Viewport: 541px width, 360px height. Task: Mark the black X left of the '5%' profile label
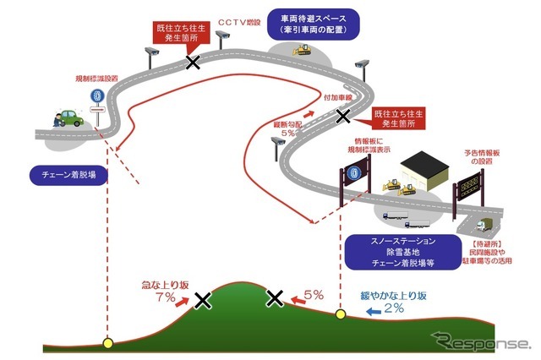[274, 297]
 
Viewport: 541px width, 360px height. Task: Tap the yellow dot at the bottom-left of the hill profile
[107, 343]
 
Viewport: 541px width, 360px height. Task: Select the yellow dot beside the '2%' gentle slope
[341, 315]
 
